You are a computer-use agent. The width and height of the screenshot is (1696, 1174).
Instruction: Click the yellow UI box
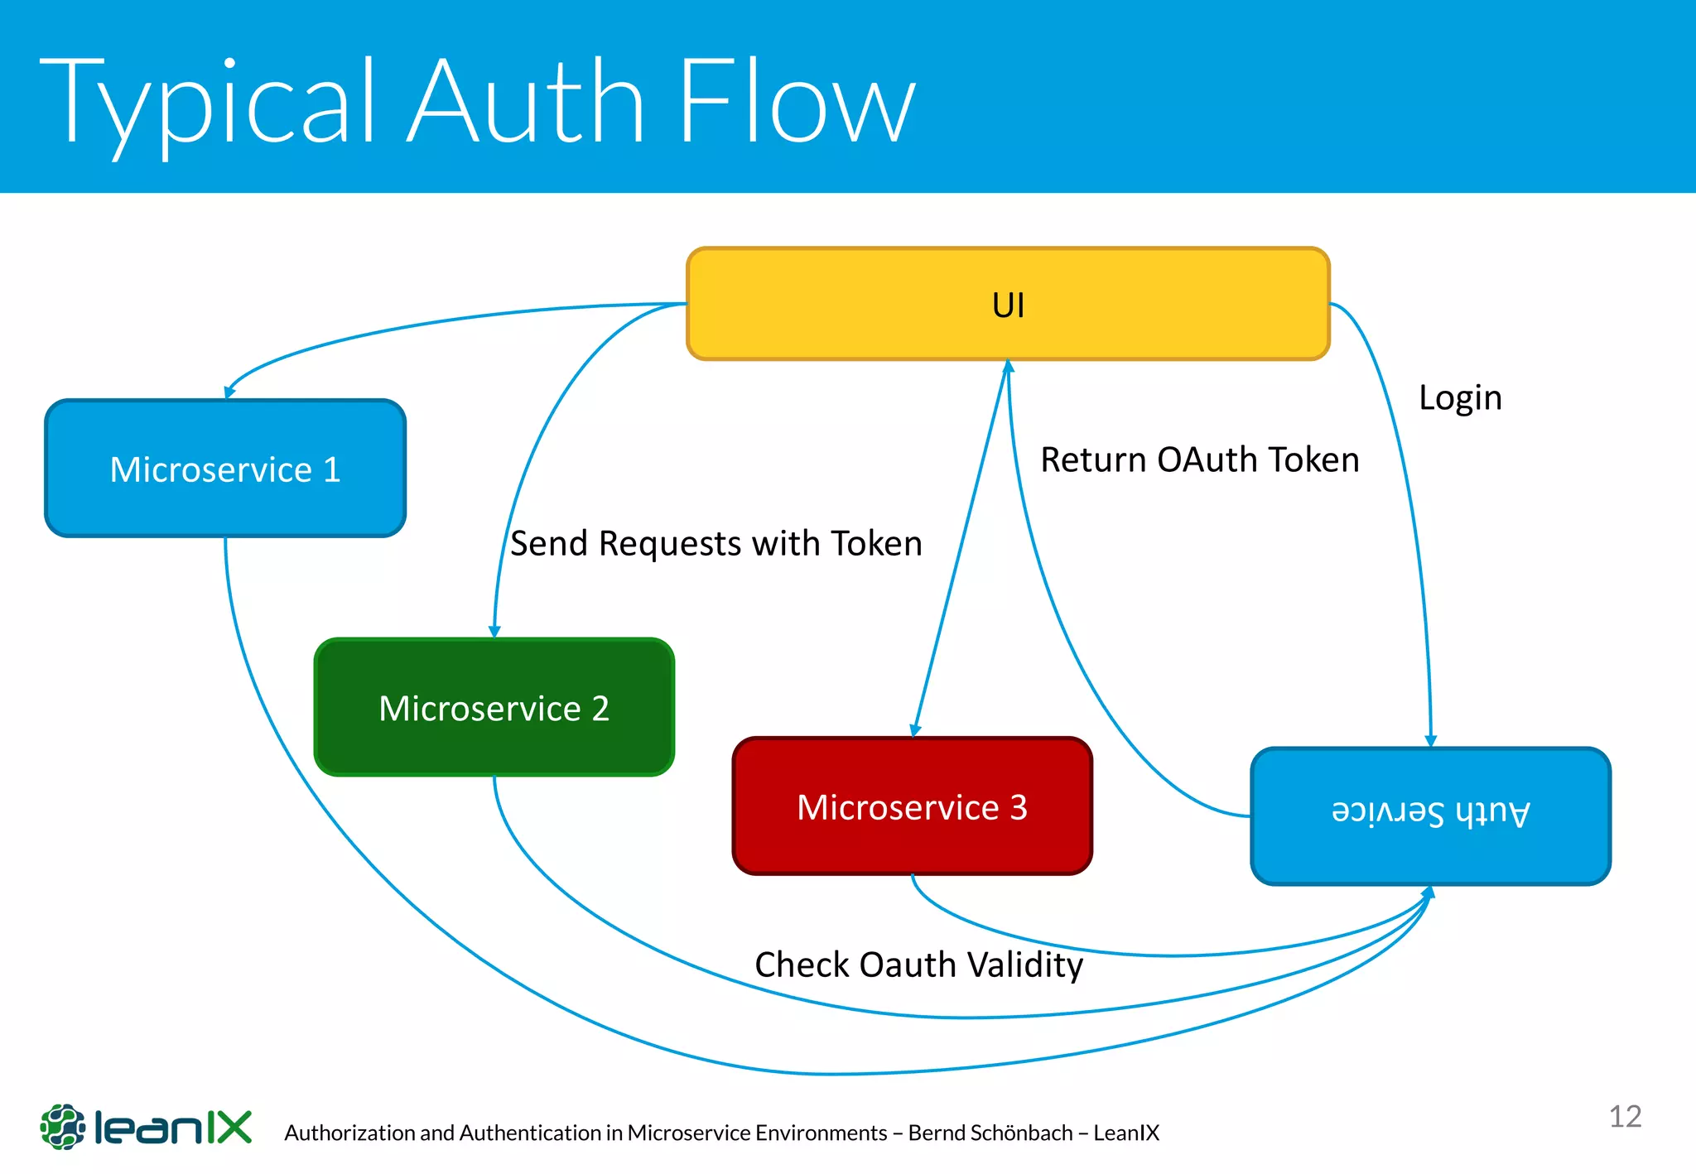pyautogui.click(x=1008, y=304)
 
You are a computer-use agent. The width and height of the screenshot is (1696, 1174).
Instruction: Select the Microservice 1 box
pyautogui.click(x=225, y=469)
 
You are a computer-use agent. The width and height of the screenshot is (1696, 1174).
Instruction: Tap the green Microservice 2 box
pyautogui.click(x=494, y=707)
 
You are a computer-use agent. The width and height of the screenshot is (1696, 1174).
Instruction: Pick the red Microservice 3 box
pyautogui.click(x=912, y=806)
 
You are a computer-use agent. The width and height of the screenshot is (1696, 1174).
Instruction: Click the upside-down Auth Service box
pyautogui.click(x=1430, y=816)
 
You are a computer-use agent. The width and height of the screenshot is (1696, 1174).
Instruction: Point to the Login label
pyautogui.click(x=1460, y=397)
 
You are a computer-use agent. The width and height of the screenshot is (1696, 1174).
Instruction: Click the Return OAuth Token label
pyautogui.click(x=1199, y=459)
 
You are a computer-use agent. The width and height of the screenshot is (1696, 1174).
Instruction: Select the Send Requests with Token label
pyautogui.click(x=715, y=543)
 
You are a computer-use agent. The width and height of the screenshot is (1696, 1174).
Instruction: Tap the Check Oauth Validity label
pyautogui.click(x=918, y=965)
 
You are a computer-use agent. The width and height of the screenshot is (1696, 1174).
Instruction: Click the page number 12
pyautogui.click(x=1625, y=1116)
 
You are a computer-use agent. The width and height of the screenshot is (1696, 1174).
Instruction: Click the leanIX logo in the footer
pyautogui.click(x=146, y=1127)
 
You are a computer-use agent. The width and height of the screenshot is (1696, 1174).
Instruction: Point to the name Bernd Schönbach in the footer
pyautogui.click(x=990, y=1133)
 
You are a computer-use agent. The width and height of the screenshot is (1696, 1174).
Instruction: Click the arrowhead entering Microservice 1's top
pyautogui.click(x=229, y=392)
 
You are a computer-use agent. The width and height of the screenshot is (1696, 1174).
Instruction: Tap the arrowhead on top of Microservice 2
pyautogui.click(x=494, y=632)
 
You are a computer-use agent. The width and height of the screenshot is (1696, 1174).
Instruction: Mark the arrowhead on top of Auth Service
pyautogui.click(x=1430, y=741)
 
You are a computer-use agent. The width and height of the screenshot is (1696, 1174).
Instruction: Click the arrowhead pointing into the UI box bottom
pyautogui.click(x=1008, y=366)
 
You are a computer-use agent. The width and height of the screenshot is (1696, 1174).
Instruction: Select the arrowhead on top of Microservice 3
pyautogui.click(x=915, y=730)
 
